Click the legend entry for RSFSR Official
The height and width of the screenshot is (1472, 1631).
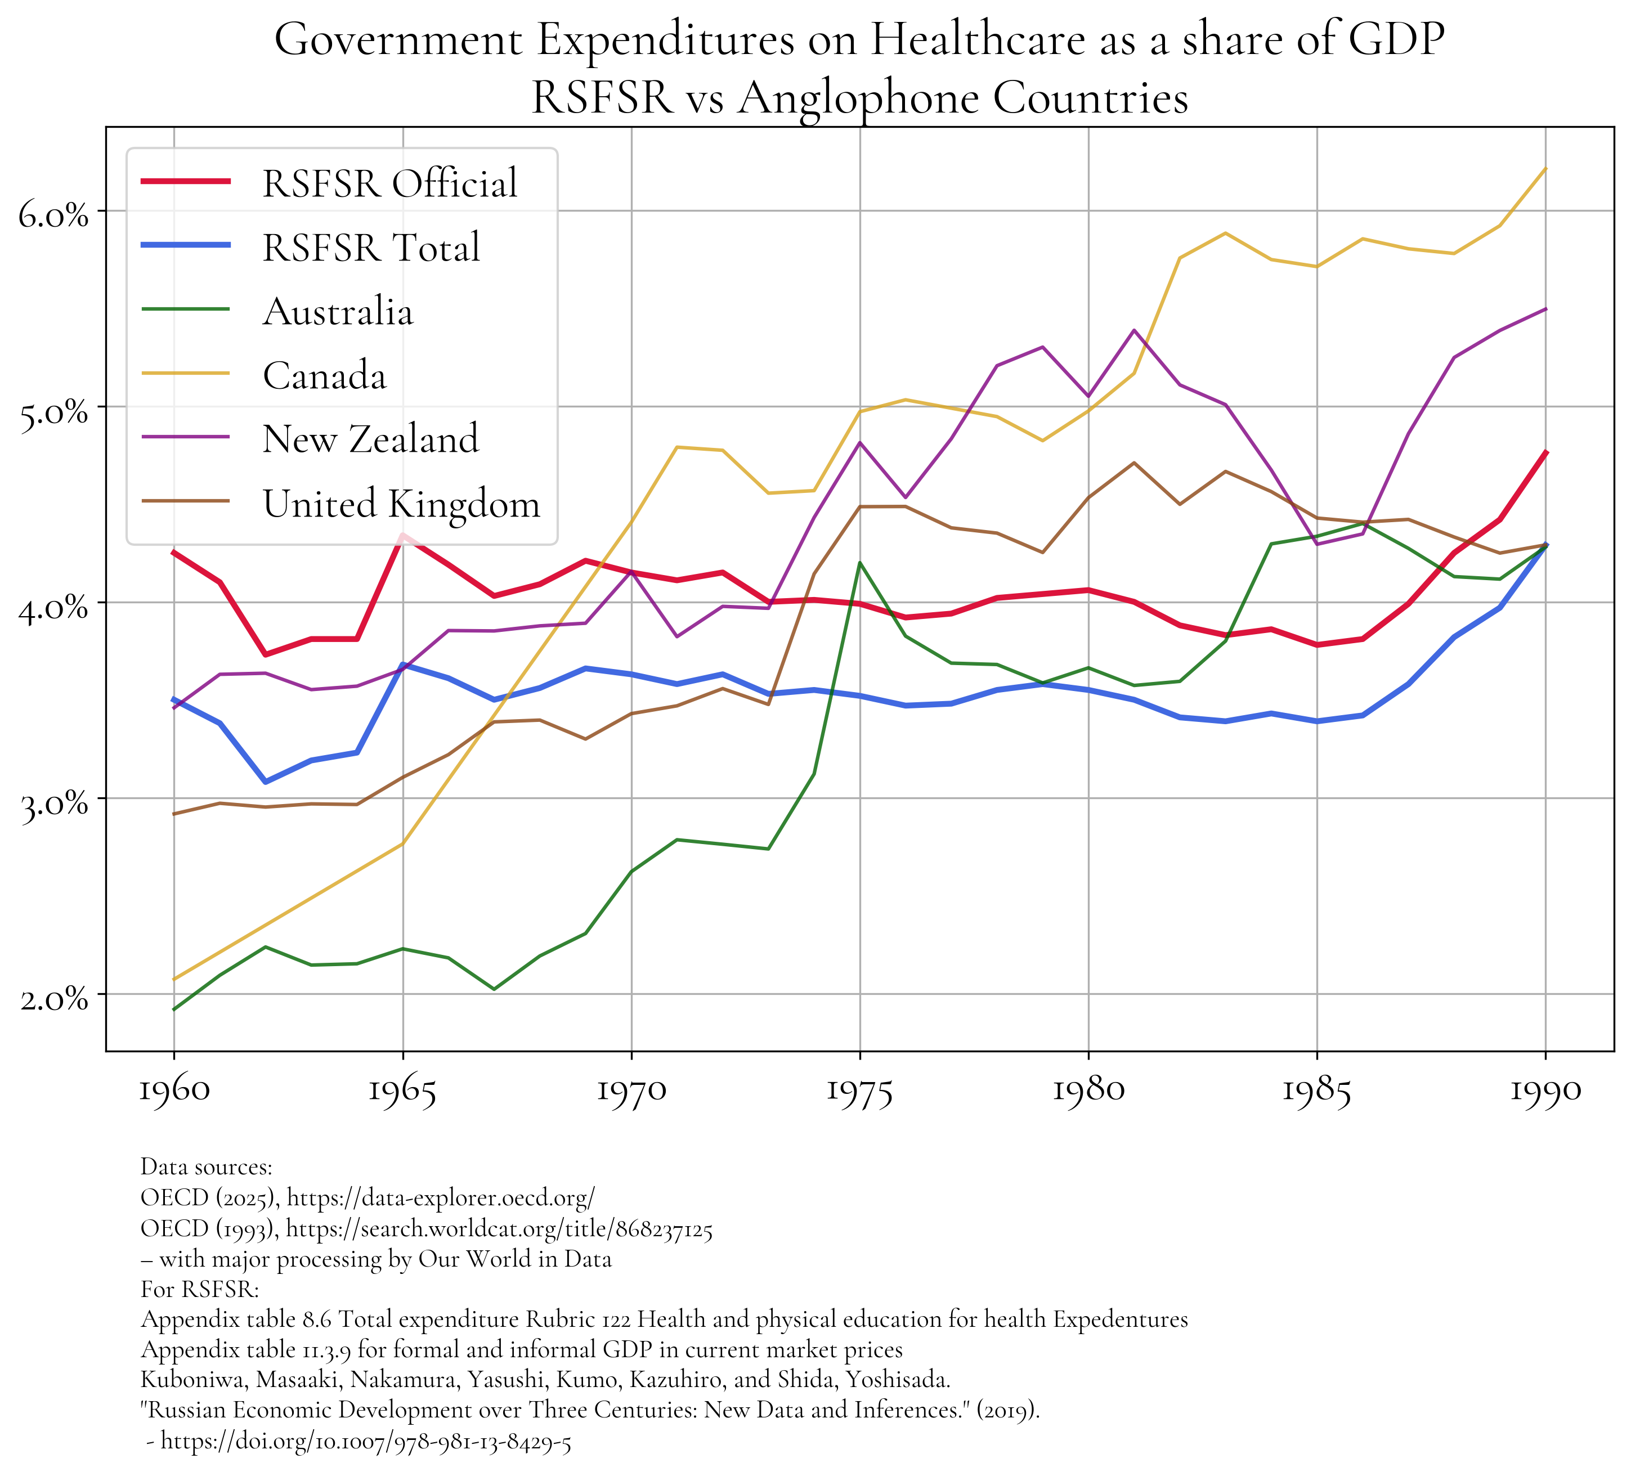point(389,183)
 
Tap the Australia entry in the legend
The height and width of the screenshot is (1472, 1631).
point(337,311)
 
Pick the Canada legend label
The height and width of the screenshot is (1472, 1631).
point(324,375)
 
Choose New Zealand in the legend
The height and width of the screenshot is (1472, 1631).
point(370,439)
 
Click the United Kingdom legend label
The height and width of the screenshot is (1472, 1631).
point(401,504)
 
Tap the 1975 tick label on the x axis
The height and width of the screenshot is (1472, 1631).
point(859,1091)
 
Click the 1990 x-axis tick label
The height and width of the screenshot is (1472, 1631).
point(1545,1091)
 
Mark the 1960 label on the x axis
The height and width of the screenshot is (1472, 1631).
point(173,1091)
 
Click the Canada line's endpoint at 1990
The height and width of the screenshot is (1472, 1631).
point(1546,168)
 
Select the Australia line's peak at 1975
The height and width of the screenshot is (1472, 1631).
point(860,562)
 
